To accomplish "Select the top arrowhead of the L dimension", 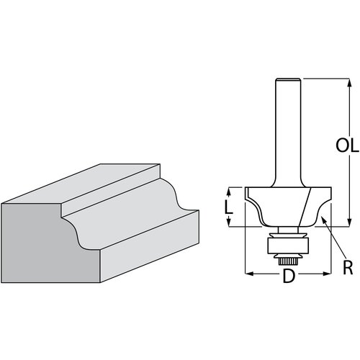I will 230,189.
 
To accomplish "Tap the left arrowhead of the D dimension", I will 248,274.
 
